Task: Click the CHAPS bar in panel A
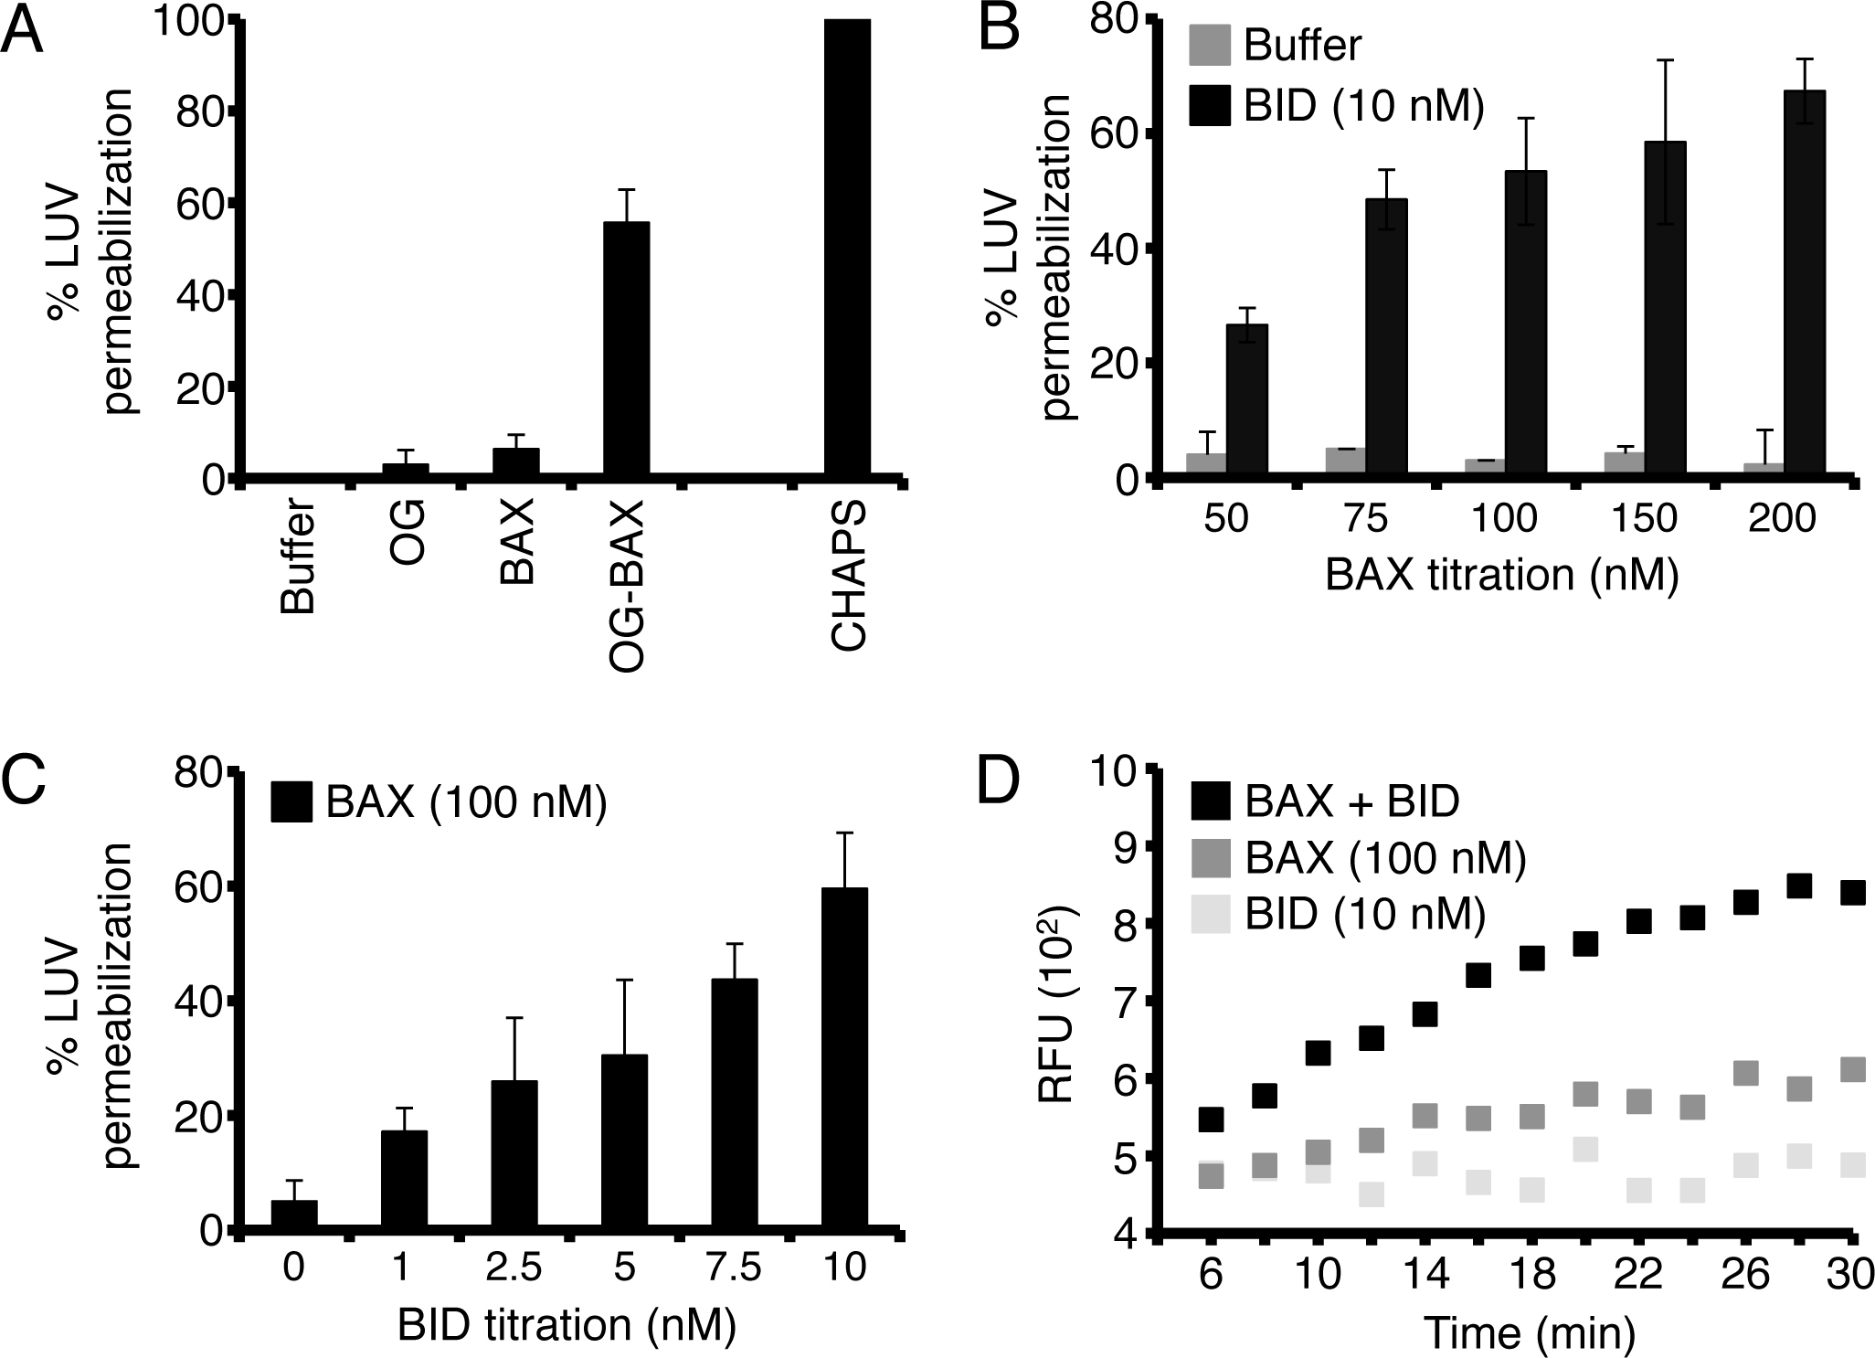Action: click(x=847, y=247)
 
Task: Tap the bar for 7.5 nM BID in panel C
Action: click(x=735, y=1105)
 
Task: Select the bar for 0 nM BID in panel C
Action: click(x=294, y=1216)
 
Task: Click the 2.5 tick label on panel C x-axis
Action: click(x=514, y=1269)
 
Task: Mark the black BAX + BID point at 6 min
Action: click(x=1211, y=1119)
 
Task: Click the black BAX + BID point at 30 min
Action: click(x=1852, y=892)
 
